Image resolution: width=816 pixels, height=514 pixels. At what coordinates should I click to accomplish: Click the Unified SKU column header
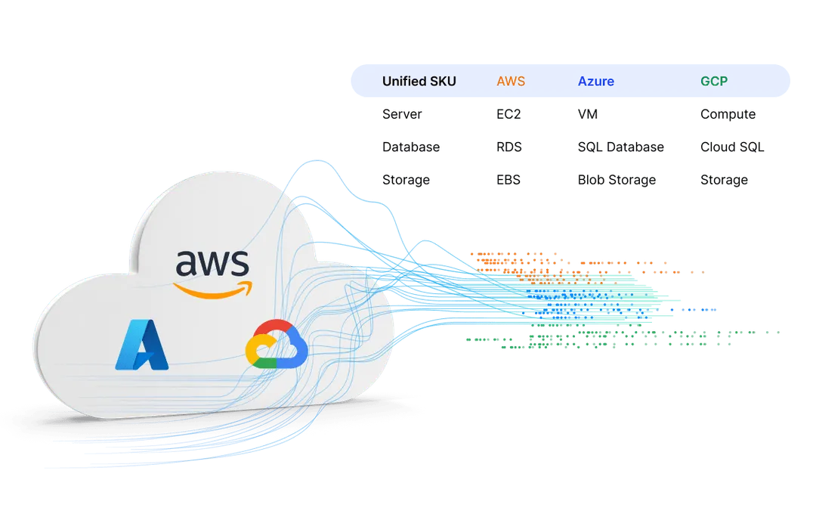pyautogui.click(x=419, y=81)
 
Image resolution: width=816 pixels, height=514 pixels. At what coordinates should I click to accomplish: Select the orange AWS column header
pyautogui.click(x=510, y=81)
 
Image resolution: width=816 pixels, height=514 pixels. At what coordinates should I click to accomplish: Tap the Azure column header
pyautogui.click(x=595, y=81)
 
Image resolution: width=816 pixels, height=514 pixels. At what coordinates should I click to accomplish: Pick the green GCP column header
pyautogui.click(x=714, y=81)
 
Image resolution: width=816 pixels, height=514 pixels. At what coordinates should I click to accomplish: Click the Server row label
pyautogui.click(x=402, y=115)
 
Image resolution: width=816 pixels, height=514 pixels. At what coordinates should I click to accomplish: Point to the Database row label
pyautogui.click(x=410, y=147)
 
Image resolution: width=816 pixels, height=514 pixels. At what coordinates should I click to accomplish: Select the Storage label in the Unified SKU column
pyautogui.click(x=406, y=181)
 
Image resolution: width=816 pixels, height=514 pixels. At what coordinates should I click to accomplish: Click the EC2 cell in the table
pyautogui.click(x=510, y=115)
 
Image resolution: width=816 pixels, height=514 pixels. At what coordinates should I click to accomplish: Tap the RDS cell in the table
pyautogui.click(x=510, y=147)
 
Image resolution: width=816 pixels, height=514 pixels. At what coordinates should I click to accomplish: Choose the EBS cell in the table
pyautogui.click(x=509, y=181)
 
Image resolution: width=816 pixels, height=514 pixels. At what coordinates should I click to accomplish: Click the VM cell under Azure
pyautogui.click(x=586, y=115)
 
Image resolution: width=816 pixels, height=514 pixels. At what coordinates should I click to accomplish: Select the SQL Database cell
pyautogui.click(x=620, y=147)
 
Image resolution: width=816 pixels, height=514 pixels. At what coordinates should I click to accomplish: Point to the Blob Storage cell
pyautogui.click(x=616, y=181)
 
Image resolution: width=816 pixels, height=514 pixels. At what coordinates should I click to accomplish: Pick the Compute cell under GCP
pyautogui.click(x=728, y=115)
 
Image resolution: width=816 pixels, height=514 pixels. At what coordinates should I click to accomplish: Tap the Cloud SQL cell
pyautogui.click(x=733, y=147)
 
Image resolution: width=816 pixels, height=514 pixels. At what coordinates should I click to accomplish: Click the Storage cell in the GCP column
pyautogui.click(x=725, y=181)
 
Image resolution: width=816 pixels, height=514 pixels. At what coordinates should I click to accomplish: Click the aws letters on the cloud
pyautogui.click(x=212, y=264)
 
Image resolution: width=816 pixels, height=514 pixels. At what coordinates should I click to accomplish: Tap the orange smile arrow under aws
pyautogui.click(x=211, y=289)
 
